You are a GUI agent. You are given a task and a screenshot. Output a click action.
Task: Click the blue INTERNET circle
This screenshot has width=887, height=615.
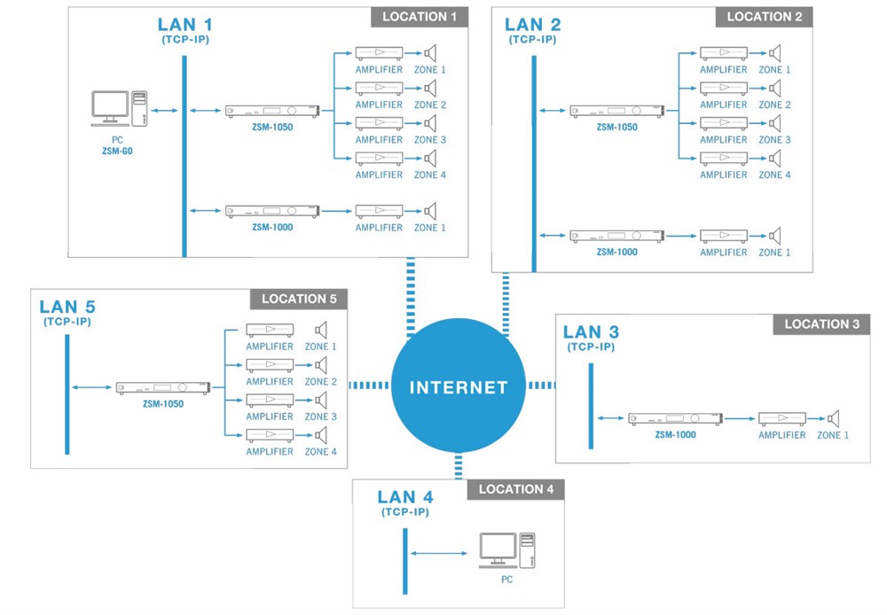click(x=458, y=387)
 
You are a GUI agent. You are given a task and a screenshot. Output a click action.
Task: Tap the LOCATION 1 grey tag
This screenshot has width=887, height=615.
click(x=420, y=17)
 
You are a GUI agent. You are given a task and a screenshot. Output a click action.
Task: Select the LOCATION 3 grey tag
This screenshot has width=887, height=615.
click(x=821, y=324)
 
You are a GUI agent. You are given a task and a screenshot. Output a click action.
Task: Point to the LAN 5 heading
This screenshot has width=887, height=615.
click(x=67, y=307)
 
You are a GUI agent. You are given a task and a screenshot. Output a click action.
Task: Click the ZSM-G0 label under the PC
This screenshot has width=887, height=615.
click(x=117, y=152)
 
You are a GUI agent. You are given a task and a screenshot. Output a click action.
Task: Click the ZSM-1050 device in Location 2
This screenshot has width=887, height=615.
click(x=616, y=111)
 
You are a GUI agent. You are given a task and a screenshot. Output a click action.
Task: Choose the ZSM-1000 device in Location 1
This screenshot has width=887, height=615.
click(x=271, y=211)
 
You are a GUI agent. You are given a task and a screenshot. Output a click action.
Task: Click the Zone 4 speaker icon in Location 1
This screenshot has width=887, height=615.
click(x=431, y=158)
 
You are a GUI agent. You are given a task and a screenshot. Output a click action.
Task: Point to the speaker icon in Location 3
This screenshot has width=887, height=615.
click(x=833, y=418)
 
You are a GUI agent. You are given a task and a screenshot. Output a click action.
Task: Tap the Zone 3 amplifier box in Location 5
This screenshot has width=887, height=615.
click(x=269, y=400)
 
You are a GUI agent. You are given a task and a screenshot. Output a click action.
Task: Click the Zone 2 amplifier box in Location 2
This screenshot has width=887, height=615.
click(x=723, y=88)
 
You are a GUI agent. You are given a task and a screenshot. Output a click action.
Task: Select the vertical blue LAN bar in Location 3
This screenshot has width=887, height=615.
click(x=591, y=406)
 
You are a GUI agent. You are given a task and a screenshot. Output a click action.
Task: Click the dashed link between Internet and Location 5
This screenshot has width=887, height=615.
click(x=369, y=385)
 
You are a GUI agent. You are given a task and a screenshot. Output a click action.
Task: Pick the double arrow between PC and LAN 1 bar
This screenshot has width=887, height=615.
click(x=162, y=111)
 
